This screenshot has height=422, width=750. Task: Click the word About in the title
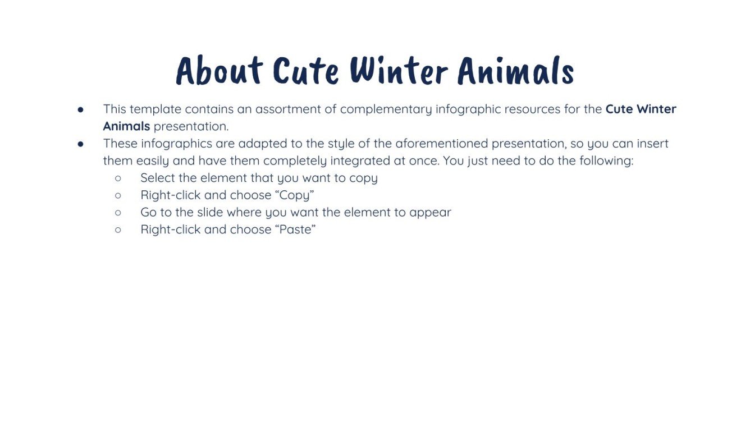coord(219,71)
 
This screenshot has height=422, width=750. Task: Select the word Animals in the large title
coord(515,71)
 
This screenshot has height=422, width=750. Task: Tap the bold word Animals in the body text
coord(126,126)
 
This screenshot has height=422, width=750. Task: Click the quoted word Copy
coord(296,196)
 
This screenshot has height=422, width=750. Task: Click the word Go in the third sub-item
coord(148,213)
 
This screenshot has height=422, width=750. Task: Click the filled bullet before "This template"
coord(81,109)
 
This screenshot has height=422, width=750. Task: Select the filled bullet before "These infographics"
coord(81,144)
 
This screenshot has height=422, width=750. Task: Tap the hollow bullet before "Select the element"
coord(118,178)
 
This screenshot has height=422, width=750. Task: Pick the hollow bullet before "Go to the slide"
coord(118,213)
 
